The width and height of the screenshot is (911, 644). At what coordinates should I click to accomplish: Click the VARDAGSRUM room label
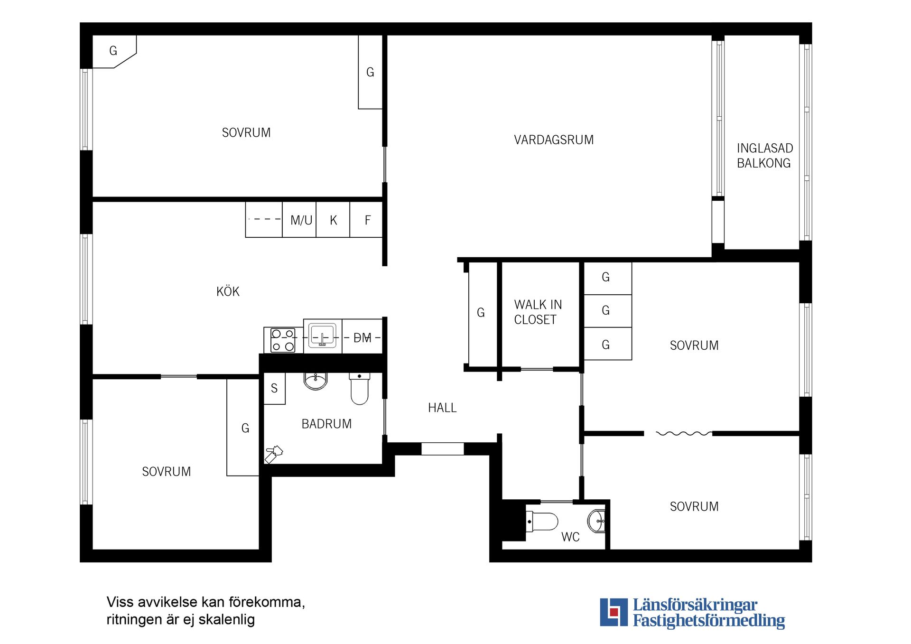point(554,140)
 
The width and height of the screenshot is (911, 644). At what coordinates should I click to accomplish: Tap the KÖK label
point(228,291)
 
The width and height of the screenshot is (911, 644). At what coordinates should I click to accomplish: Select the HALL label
point(442,408)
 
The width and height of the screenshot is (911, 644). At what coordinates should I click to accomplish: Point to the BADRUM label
point(326,424)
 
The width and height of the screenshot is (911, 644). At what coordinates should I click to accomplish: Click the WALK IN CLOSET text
point(538,312)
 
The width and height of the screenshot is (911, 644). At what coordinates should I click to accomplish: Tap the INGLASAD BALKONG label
point(764,156)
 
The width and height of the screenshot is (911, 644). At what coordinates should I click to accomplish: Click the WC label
point(570,537)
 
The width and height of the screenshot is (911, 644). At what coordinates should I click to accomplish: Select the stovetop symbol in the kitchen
point(283,340)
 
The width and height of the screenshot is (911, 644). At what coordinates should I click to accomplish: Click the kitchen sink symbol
point(323,336)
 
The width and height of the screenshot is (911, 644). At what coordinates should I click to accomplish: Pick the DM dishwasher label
point(363,338)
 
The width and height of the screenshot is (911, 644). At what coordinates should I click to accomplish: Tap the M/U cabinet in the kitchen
point(299,220)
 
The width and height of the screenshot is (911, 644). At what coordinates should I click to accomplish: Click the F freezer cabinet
point(366,220)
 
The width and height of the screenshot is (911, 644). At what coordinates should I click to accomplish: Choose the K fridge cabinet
point(333,220)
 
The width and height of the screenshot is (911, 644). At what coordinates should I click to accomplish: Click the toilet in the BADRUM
point(359,389)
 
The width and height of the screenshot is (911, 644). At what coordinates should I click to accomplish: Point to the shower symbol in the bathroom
point(274,454)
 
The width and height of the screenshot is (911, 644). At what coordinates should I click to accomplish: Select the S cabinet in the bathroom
point(274,388)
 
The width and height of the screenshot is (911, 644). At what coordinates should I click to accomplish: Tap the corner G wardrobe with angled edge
point(114,51)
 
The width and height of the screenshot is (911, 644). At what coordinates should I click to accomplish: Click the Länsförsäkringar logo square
point(614,612)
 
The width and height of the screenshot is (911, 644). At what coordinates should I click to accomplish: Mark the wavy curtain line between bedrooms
point(684,433)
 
